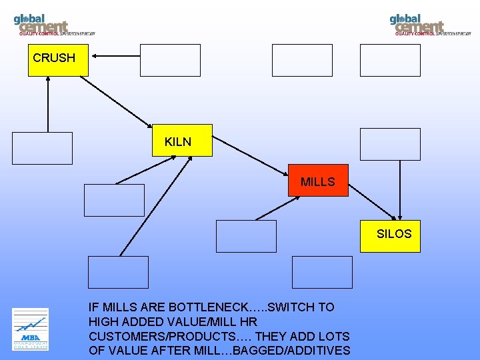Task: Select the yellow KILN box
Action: tap(182, 140)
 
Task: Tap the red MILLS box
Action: tap(318, 180)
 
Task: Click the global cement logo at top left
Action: tap(53, 24)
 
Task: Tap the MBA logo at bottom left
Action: tap(30, 329)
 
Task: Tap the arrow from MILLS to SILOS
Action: tap(373, 201)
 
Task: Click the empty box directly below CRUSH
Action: tap(42, 148)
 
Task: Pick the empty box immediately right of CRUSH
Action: tap(170, 60)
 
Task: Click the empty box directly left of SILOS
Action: tap(246, 236)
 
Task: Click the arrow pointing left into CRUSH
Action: tap(115, 57)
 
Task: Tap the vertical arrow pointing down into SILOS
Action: tap(400, 189)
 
